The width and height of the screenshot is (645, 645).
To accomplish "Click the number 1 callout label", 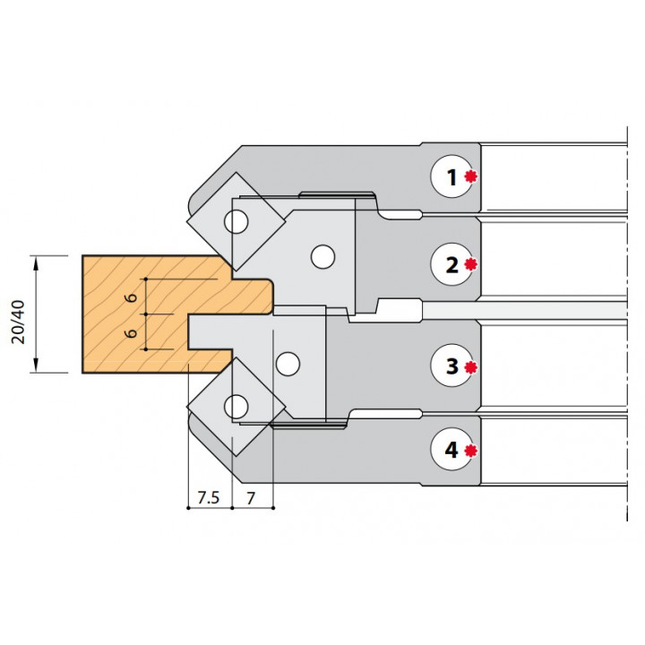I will [x=451, y=177].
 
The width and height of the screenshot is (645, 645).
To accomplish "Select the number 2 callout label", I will [x=451, y=265].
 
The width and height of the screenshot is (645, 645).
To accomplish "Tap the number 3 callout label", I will [x=451, y=365].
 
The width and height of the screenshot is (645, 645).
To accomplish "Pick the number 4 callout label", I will [x=451, y=451].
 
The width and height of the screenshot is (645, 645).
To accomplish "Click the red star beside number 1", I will [x=470, y=177].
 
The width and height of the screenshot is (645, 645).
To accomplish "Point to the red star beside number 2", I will [x=470, y=265].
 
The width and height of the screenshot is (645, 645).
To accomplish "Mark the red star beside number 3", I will [x=470, y=366].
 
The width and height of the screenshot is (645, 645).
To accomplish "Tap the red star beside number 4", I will [x=470, y=451].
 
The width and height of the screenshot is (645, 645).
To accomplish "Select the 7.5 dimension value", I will [x=208, y=497].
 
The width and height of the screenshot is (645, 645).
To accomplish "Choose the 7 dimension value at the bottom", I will [x=252, y=497].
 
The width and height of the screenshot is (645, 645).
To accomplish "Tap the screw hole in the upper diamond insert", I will [x=237, y=219].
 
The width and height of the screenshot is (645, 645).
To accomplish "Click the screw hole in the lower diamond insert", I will [x=237, y=405].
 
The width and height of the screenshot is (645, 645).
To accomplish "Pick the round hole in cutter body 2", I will [x=320, y=257].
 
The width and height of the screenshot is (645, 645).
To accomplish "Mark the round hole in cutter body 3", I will [x=288, y=364].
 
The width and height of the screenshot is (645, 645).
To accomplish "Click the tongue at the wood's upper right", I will [x=251, y=294].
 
